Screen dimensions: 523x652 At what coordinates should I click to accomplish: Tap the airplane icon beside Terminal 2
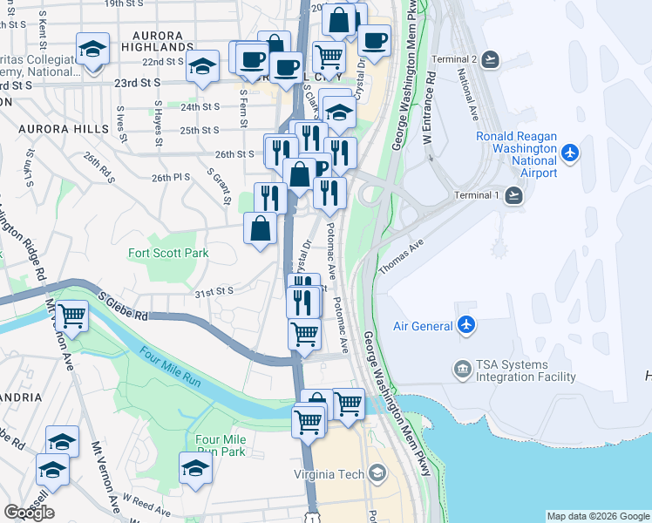[490, 59]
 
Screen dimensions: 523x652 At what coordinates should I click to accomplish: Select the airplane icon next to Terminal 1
[513, 195]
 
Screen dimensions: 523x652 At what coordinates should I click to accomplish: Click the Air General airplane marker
[466, 325]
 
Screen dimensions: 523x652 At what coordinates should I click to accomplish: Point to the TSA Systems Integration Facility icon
[461, 370]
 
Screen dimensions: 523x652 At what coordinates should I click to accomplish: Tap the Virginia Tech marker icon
[377, 474]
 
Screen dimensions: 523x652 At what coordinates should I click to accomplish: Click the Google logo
[29, 512]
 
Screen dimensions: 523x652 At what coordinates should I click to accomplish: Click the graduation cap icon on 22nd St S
[202, 67]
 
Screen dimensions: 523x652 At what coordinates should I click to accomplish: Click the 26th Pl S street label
[170, 177]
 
